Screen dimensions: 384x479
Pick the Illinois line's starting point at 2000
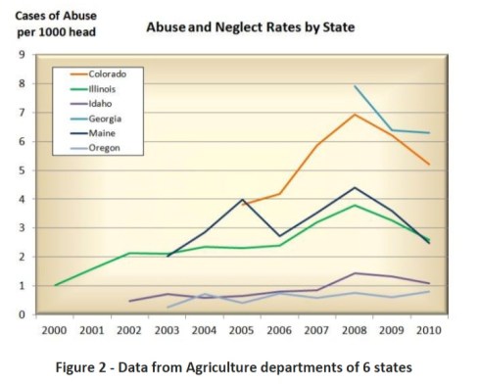coord(57,285)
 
